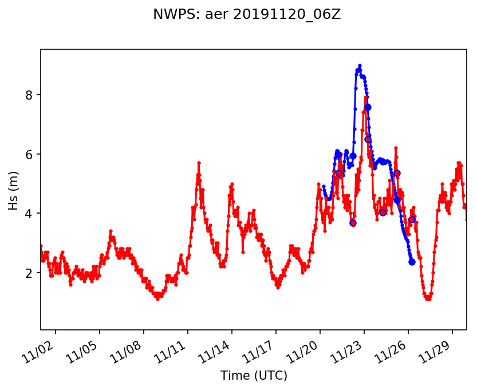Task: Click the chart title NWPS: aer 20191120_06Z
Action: [247, 14]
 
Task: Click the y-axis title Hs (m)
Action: [14, 190]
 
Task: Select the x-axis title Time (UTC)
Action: [254, 376]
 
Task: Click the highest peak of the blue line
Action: [360, 65]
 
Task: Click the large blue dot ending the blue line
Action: [412, 262]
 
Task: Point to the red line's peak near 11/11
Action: [199, 163]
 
